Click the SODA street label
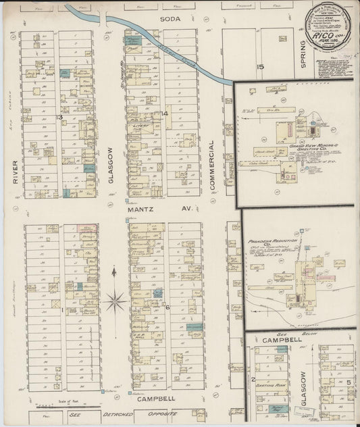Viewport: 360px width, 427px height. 171,19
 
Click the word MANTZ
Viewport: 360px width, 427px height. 138,210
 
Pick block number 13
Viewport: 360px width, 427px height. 59,118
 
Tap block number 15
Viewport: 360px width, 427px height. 259,66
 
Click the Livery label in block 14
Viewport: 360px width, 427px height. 141,126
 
